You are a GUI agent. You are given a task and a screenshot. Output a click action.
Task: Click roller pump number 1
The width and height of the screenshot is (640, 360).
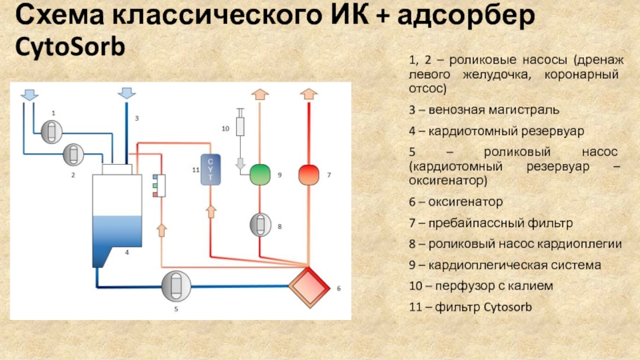(x=53, y=129)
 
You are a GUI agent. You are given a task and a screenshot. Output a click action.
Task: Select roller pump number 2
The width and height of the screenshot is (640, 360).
(x=73, y=152)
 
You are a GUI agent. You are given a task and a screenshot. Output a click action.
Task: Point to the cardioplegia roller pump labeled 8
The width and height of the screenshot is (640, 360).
(x=260, y=226)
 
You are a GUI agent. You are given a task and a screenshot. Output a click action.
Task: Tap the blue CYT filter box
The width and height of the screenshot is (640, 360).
(x=211, y=169)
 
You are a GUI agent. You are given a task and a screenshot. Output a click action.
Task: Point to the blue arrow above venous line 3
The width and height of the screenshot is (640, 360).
(x=126, y=93)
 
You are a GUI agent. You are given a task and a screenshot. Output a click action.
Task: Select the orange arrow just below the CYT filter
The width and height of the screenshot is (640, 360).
(x=211, y=210)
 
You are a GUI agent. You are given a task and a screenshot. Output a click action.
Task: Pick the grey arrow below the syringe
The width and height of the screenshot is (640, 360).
(x=239, y=164)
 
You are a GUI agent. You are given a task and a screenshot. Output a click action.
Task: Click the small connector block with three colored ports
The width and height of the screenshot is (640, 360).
(x=158, y=185)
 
